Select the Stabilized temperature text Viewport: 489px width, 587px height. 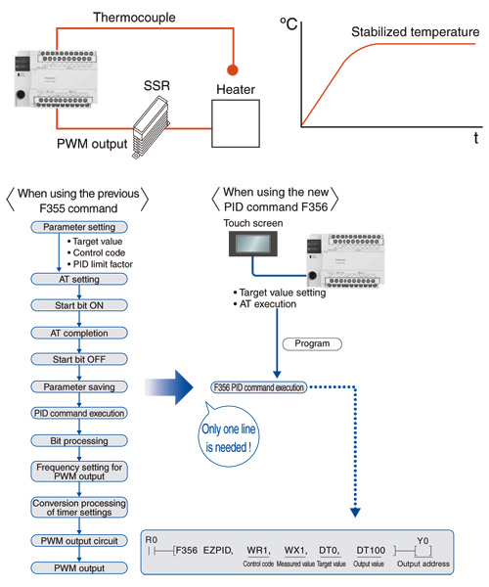point(422,32)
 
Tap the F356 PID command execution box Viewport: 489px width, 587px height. point(258,386)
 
